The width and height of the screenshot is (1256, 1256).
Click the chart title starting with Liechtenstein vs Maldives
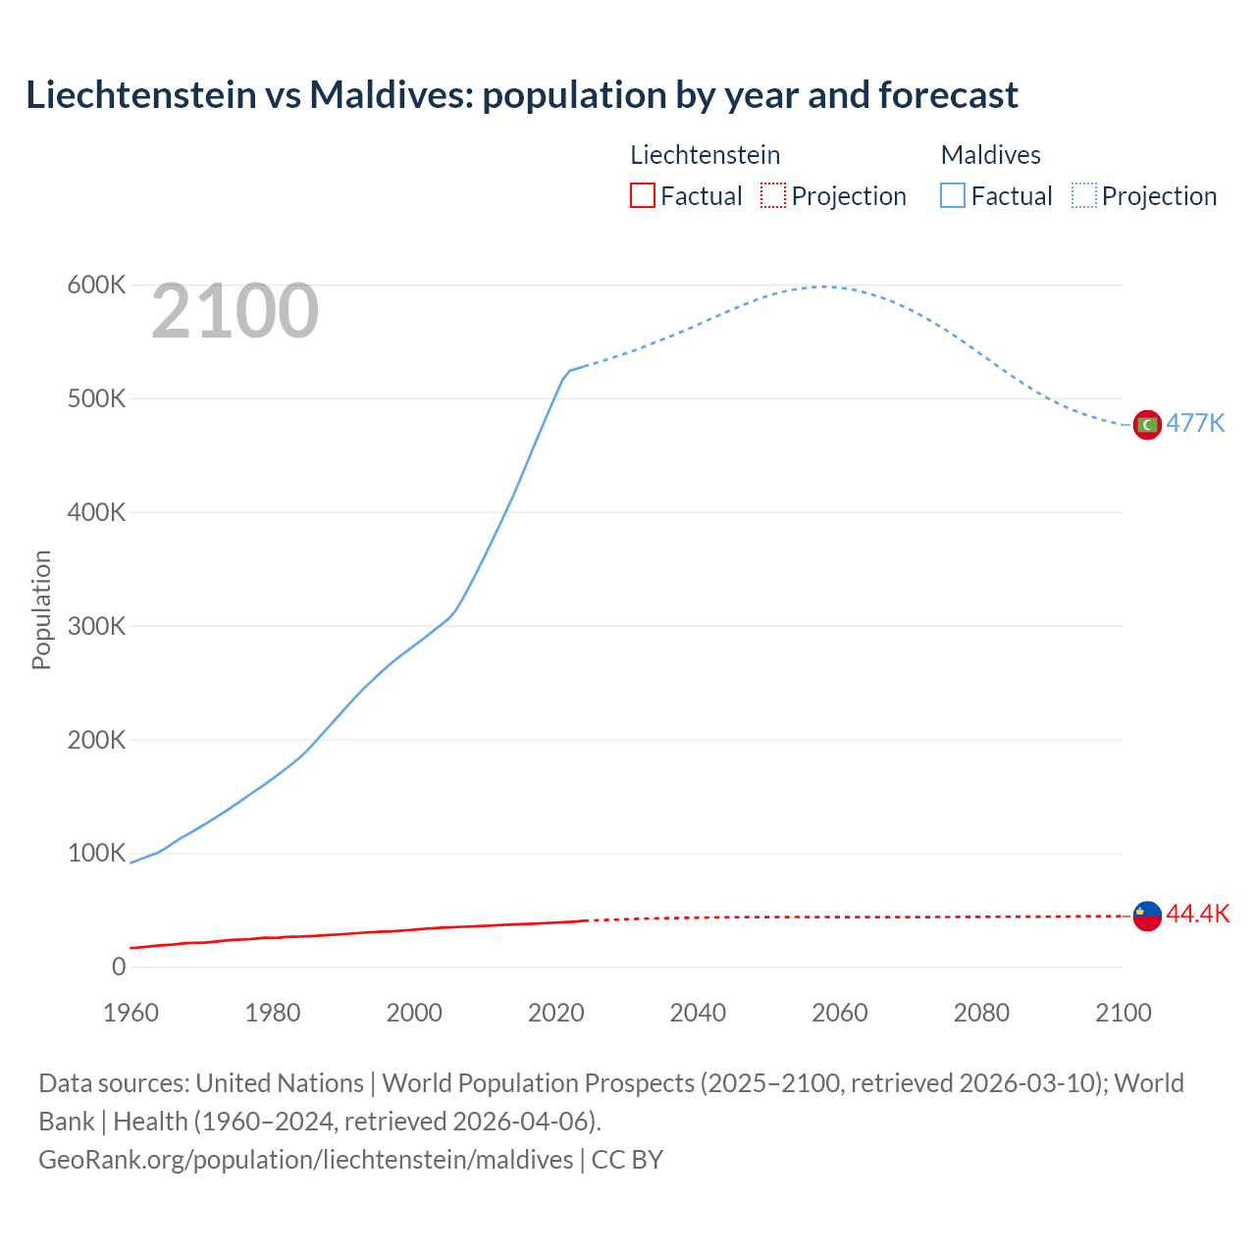pyautogui.click(x=521, y=95)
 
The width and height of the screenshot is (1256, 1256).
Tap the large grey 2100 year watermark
pyautogui.click(x=235, y=311)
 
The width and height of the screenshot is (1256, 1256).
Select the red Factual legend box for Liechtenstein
pyautogui.click(x=642, y=195)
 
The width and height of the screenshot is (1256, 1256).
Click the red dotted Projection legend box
pyautogui.click(x=773, y=195)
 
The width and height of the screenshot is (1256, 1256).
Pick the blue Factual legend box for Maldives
pyautogui.click(x=952, y=195)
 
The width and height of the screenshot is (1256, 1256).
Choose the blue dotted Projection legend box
pyautogui.click(x=1083, y=195)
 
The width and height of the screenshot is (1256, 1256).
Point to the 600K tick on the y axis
pyautogui.click(x=96, y=286)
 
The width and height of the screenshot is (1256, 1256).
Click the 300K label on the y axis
pyautogui.click(x=96, y=626)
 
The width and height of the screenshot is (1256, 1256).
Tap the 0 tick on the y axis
pyautogui.click(x=119, y=967)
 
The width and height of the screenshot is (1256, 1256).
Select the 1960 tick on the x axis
pyautogui.click(x=131, y=1013)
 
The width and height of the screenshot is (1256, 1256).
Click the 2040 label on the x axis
pyautogui.click(x=698, y=1013)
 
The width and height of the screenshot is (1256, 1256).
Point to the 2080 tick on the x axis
pyautogui.click(x=981, y=1013)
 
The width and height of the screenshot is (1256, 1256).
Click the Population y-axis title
pyautogui.click(x=41, y=609)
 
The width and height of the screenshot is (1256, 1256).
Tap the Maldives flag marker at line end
pyautogui.click(x=1147, y=424)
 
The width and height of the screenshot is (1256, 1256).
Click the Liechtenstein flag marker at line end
pyautogui.click(x=1147, y=916)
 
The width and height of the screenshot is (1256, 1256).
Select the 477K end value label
pyautogui.click(x=1195, y=423)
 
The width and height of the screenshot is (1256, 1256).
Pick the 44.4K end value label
pyautogui.click(x=1197, y=914)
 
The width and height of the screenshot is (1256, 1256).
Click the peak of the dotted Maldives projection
pyautogui.click(x=822, y=287)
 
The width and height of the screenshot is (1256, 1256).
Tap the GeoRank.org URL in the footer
pyautogui.click(x=305, y=1159)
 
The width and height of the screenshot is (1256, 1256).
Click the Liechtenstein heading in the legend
pyautogui.click(x=705, y=155)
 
